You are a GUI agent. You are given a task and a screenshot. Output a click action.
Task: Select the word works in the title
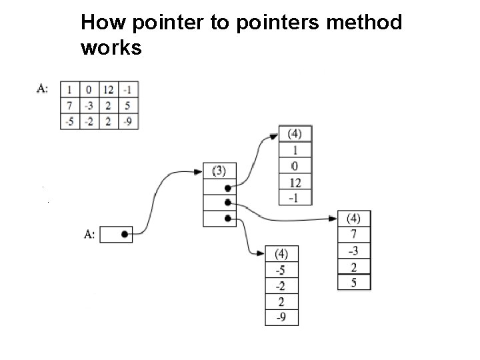pos(111,48)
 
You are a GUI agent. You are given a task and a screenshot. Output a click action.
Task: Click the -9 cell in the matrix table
pos(127,121)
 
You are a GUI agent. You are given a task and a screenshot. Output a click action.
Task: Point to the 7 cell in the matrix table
pos(69,105)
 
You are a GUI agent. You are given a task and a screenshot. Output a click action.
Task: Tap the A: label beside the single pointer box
pos(89,234)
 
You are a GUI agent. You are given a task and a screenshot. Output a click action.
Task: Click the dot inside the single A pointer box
pos(125,234)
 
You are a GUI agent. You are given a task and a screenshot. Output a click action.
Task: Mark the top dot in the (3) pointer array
pos(228,187)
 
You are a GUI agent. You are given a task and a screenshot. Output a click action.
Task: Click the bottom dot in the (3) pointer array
pos(228,218)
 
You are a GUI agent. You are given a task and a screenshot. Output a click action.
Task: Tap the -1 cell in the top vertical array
pos(294,197)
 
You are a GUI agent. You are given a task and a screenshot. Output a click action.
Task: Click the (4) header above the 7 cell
pos(354,219)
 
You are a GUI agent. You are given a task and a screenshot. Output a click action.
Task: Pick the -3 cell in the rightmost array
pos(354,250)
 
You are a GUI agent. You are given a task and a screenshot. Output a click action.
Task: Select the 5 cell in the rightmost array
pos(354,282)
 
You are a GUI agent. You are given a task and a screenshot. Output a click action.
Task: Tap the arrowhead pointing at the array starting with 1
pos(273,136)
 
